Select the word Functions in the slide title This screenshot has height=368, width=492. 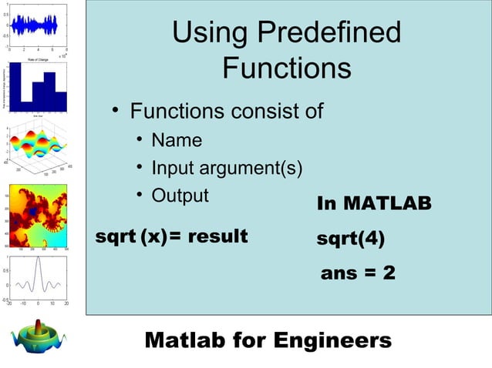[286, 69]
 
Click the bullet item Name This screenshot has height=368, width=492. [177, 140]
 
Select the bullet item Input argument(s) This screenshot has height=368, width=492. [227, 168]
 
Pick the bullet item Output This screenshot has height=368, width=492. [180, 195]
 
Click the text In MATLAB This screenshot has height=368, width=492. [374, 204]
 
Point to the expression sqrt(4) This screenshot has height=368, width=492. [351, 238]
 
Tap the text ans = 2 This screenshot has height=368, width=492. [358, 273]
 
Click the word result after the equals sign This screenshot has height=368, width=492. [215, 236]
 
